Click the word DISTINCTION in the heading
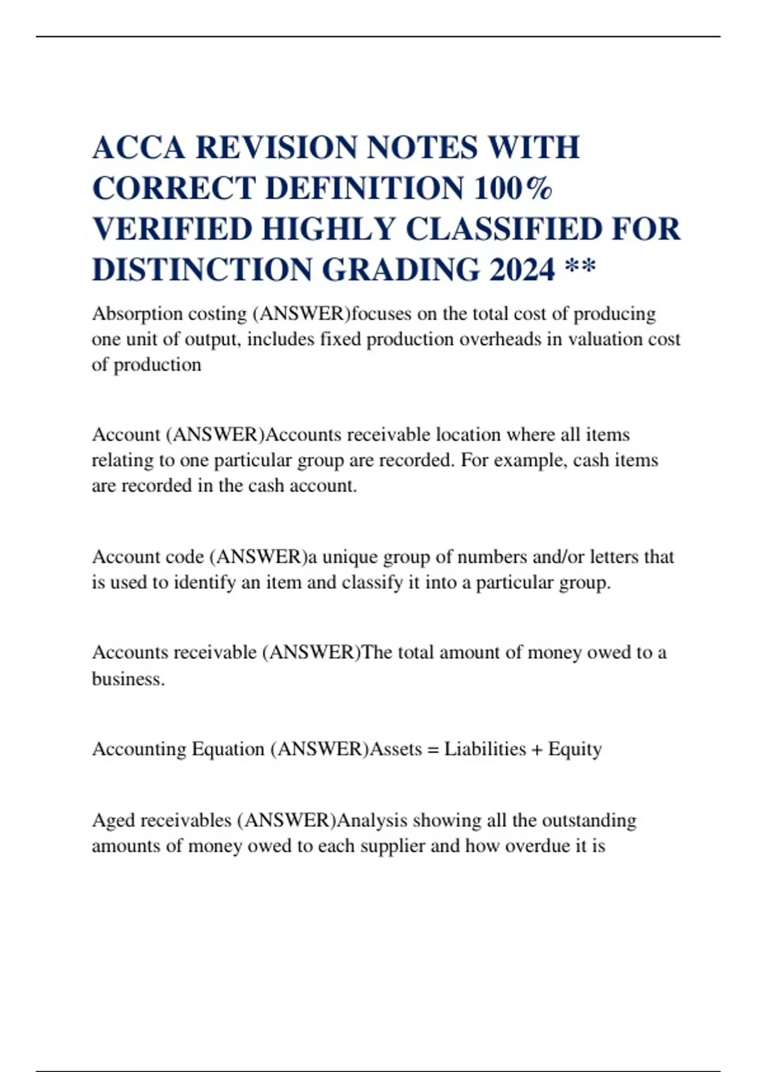pyautogui.click(x=201, y=270)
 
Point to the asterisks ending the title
pyautogui.click(x=580, y=267)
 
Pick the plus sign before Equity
pyautogui.click(x=537, y=749)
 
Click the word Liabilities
pyautogui.click(x=484, y=749)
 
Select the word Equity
pyautogui.click(x=575, y=749)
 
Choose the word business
pyautogui.click(x=128, y=679)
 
